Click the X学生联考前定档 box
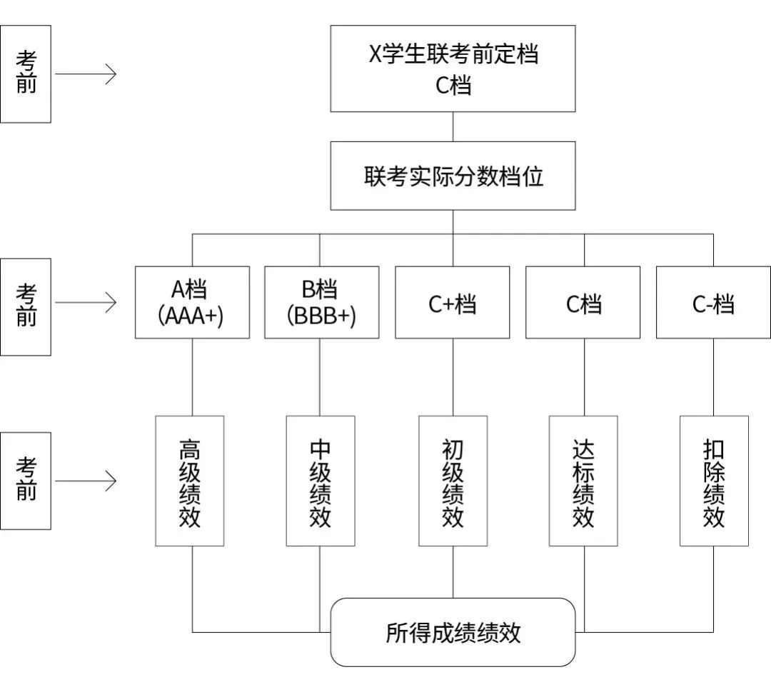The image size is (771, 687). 453,69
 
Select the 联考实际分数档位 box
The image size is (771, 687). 453,176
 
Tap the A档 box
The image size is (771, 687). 192,302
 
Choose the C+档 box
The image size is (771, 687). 453,302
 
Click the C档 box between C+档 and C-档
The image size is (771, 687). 583,302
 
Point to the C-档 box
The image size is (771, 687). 713,302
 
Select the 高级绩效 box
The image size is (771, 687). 190,481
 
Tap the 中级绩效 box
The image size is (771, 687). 321,481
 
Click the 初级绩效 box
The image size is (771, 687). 453,481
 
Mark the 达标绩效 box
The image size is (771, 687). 583,481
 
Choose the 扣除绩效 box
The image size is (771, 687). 714,481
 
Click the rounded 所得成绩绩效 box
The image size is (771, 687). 453,633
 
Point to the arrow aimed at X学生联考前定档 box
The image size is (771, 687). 86,74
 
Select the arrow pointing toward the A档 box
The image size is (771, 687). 86,303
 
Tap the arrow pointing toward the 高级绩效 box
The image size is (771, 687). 86,481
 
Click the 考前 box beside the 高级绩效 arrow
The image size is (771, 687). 26,481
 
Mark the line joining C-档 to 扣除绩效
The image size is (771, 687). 713,377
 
